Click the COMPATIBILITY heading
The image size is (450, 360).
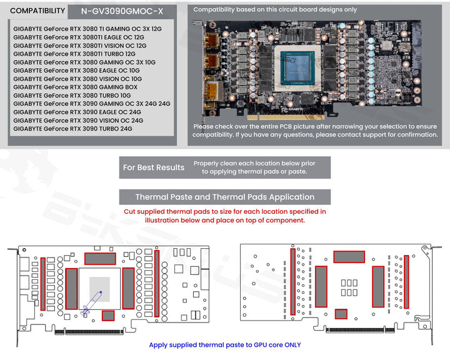click(x=37, y=11)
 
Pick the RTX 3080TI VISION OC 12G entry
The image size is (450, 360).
click(x=80, y=46)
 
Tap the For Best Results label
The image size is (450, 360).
click(x=153, y=167)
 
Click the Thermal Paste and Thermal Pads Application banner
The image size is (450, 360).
click(x=224, y=197)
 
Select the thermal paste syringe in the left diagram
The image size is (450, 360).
click(x=91, y=301)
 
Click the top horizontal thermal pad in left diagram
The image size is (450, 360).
click(x=100, y=258)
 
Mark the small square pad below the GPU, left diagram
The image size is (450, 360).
click(x=108, y=315)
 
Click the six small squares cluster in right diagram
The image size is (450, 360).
click(x=349, y=287)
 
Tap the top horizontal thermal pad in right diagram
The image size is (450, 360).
click(x=349, y=257)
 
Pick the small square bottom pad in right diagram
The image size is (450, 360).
click(x=341, y=314)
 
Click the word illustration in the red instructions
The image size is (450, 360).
click(x=165, y=220)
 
